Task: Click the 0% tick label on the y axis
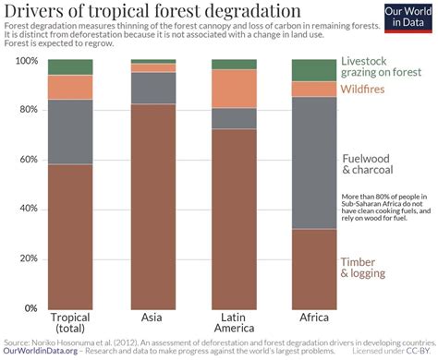(x=30, y=308)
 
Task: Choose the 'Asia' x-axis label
(x=152, y=318)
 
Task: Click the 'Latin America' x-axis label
(x=235, y=324)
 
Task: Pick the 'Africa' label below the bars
(x=314, y=318)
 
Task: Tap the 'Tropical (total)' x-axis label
(x=70, y=324)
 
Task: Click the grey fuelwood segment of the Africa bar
(x=314, y=162)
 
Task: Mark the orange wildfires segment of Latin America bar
(x=235, y=89)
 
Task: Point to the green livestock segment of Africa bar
(x=314, y=70)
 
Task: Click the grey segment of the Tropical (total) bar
(x=70, y=132)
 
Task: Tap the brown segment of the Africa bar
(x=314, y=269)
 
